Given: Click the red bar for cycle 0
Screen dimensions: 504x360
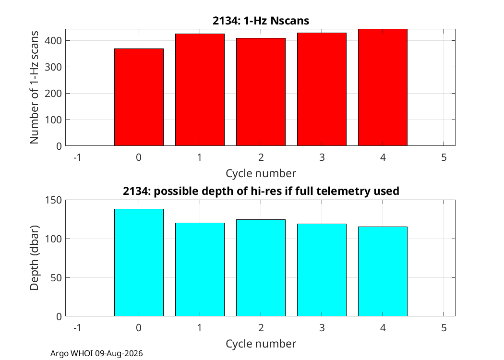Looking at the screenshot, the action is pyautogui.click(x=139, y=97).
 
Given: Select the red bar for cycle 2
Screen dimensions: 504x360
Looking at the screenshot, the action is pyautogui.click(x=261, y=92).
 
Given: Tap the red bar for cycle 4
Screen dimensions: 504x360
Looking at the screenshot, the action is pyautogui.click(x=383, y=87).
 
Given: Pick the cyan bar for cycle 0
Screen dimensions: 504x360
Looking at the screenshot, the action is pyautogui.click(x=139, y=263).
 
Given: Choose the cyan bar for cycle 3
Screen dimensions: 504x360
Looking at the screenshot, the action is pyautogui.click(x=322, y=270).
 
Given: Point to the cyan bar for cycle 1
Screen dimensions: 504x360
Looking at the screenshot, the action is pyautogui.click(x=200, y=270).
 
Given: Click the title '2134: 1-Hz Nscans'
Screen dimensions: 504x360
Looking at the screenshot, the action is pyautogui.click(x=261, y=21).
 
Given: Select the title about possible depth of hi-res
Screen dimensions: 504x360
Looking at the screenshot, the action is pyautogui.click(x=261, y=191).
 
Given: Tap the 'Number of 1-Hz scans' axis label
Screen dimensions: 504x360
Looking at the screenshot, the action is pyautogui.click(x=34, y=87).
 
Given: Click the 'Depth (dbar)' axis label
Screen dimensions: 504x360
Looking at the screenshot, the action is pyautogui.click(x=34, y=258).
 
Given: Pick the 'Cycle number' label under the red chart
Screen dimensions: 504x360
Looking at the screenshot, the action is pyautogui.click(x=261, y=173).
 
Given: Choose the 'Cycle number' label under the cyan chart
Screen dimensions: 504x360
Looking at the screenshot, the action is pyautogui.click(x=261, y=344).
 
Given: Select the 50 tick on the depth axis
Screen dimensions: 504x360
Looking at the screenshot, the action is pyautogui.click(x=57, y=278).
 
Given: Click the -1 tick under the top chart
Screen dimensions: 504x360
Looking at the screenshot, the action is pyautogui.click(x=77, y=157).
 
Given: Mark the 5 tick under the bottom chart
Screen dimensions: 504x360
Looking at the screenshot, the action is pyautogui.click(x=444, y=327).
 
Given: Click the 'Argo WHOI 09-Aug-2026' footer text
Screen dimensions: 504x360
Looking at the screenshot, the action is pyautogui.click(x=96, y=354).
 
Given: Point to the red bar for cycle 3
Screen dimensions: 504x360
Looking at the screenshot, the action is pyautogui.click(x=322, y=89).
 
